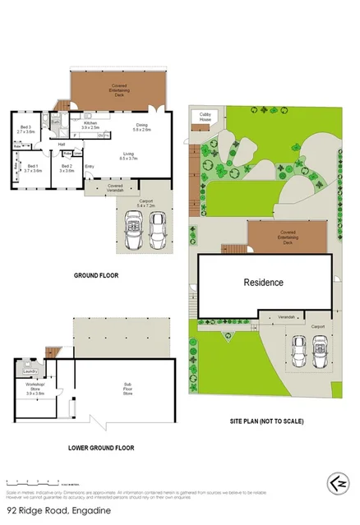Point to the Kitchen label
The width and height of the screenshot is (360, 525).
[x=90, y=125]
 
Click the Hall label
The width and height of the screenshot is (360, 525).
[x=62, y=145]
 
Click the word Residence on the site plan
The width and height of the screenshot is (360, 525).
[x=263, y=283]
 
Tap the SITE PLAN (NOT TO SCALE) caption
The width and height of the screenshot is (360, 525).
[x=266, y=421]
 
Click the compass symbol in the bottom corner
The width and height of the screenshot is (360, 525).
[x=333, y=481]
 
